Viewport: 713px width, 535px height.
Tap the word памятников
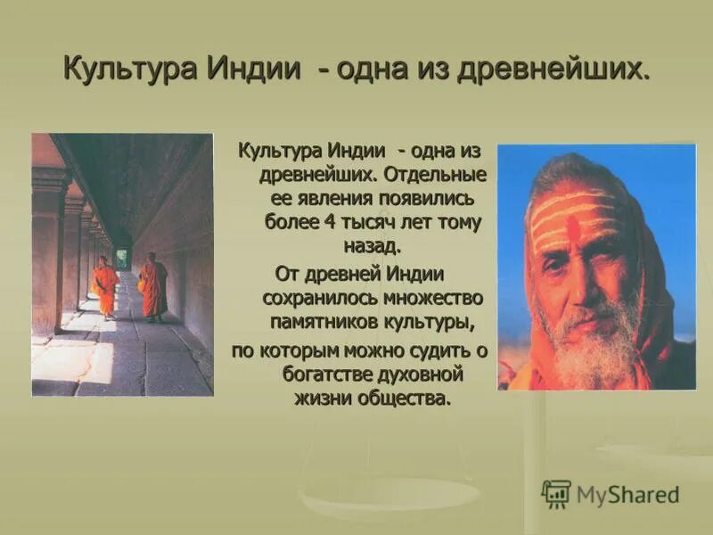click(331, 318)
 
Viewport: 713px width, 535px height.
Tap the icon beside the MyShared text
click(556, 494)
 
